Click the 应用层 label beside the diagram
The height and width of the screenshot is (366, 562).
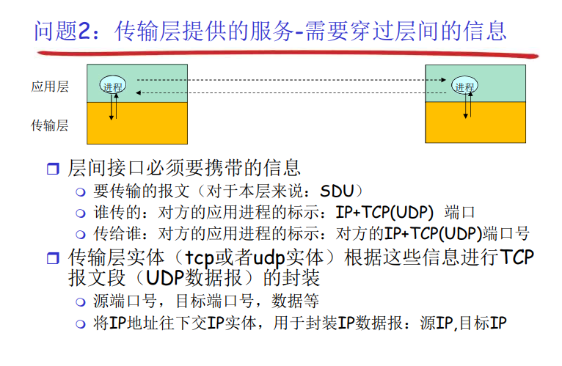coord(49,87)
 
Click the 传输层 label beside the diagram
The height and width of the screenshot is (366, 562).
coord(49,125)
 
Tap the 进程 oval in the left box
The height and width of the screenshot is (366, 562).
coord(113,86)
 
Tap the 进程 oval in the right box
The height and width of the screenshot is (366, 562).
coord(464,86)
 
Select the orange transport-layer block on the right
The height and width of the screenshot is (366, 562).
coord(475,122)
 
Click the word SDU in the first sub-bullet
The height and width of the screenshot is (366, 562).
coord(340,191)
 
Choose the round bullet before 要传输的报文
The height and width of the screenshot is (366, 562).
coord(81,192)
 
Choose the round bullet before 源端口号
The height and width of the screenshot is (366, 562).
coord(81,302)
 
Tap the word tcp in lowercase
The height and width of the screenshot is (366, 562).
coord(200,257)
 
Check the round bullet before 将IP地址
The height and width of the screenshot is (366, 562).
coord(81,323)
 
